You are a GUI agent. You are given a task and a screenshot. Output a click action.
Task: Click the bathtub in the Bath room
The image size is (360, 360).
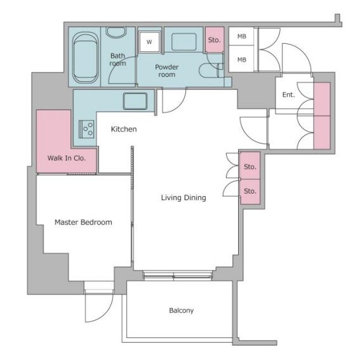tap(85, 57)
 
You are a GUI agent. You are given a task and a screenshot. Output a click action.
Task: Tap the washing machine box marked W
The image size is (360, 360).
tap(149, 42)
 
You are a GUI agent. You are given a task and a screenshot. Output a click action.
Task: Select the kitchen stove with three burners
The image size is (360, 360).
tap(86, 129)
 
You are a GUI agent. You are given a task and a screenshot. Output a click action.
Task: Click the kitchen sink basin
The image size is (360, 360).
tap(135, 101)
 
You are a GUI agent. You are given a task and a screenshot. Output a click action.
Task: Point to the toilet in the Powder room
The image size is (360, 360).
tap(211, 70)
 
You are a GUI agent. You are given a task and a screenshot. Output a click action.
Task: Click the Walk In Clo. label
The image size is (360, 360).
tap(67, 158)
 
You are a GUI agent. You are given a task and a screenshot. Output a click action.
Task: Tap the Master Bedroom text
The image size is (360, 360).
tap(83, 222)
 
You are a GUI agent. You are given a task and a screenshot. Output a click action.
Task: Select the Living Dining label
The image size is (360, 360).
tap(183, 197)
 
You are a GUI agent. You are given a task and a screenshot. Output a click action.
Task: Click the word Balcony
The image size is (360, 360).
tap(182, 310)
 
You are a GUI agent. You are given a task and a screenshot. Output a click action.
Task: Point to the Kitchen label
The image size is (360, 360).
tap(124, 129)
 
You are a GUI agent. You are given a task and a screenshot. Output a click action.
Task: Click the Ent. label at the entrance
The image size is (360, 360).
tap(289, 95)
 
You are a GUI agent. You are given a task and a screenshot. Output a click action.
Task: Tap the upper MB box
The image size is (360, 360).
tap(241, 36)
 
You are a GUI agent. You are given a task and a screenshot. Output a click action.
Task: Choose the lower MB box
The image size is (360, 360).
tap(241, 60)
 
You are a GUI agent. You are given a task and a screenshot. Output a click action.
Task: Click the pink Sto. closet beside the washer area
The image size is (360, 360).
tap(215, 40)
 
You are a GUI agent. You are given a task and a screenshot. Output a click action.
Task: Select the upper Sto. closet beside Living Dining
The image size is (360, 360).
tap(250, 166)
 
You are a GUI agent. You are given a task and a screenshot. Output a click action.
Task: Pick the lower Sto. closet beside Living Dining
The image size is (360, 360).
tap(250, 191)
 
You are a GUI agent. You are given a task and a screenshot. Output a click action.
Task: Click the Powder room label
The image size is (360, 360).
tap(167, 70)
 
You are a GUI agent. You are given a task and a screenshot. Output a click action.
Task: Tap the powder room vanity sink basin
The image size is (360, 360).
tap(184, 42)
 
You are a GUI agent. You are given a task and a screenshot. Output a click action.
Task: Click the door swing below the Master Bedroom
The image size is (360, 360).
tap(99, 308)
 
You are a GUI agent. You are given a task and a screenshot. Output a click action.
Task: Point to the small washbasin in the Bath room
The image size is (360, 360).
tap(116, 32)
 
